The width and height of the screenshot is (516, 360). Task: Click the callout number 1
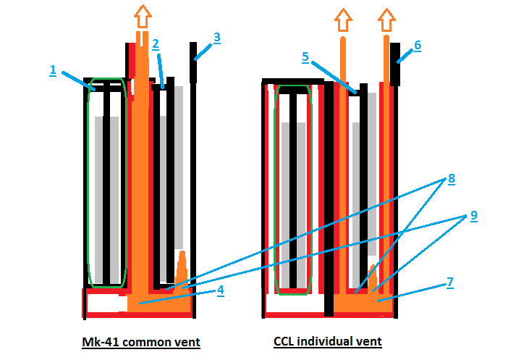(x=53, y=70)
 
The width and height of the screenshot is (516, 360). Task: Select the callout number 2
(x=155, y=43)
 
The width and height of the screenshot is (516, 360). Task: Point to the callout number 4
(x=221, y=290)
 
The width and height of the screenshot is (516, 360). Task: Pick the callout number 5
(x=305, y=55)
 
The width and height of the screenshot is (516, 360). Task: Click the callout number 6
(x=418, y=46)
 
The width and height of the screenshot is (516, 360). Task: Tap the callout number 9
(x=474, y=215)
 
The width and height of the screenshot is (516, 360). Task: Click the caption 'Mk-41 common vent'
(x=140, y=341)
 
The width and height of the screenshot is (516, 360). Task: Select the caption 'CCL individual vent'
(x=327, y=341)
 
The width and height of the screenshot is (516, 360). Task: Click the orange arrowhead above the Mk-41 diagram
(x=142, y=15)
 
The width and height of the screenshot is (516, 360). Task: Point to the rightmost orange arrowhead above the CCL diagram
(x=388, y=20)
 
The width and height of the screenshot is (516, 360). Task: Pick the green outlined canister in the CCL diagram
(x=294, y=190)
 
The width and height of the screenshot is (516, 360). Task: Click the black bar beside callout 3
(x=195, y=61)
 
